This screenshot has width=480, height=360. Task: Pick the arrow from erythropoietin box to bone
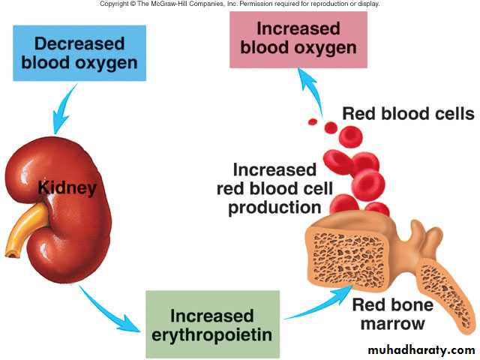311,300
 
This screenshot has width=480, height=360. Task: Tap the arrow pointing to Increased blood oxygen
309,90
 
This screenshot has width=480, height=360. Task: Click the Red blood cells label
407,114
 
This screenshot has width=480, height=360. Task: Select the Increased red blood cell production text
274,188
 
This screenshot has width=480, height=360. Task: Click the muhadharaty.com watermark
421,349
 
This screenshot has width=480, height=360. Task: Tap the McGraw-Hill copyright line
240,4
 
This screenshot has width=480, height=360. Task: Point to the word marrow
392,325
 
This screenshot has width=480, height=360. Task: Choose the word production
274,207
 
